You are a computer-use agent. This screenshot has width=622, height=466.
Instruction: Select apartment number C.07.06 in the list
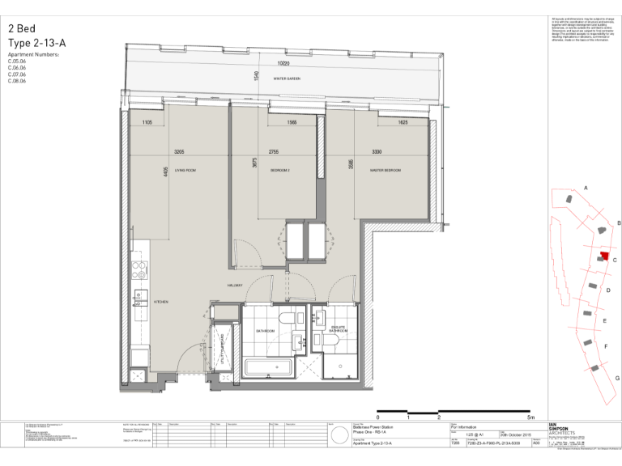pyautogui.click(x=17, y=74)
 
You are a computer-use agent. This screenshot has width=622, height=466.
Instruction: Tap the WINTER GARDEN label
pyautogui.click(x=288, y=79)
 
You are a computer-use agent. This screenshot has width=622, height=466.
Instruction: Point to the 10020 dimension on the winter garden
pyautogui.click(x=283, y=63)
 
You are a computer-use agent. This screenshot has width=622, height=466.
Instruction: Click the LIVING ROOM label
pyautogui.click(x=185, y=171)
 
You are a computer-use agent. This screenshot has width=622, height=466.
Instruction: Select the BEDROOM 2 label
pyautogui.click(x=280, y=171)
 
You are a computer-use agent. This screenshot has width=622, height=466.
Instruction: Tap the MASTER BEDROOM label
pyautogui.click(x=386, y=171)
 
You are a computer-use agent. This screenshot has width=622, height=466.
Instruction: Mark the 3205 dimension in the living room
pyautogui.click(x=180, y=152)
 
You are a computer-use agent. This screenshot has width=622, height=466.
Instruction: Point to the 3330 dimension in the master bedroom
pyautogui.click(x=377, y=152)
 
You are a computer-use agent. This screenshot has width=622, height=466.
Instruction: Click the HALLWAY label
pyautogui.click(x=236, y=286)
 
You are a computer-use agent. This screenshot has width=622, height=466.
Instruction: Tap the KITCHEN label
pyautogui.click(x=161, y=302)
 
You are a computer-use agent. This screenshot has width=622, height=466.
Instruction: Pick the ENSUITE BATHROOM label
pyautogui.click(x=338, y=329)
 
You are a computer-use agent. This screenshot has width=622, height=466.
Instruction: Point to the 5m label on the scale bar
pyautogui.click(x=530, y=417)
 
